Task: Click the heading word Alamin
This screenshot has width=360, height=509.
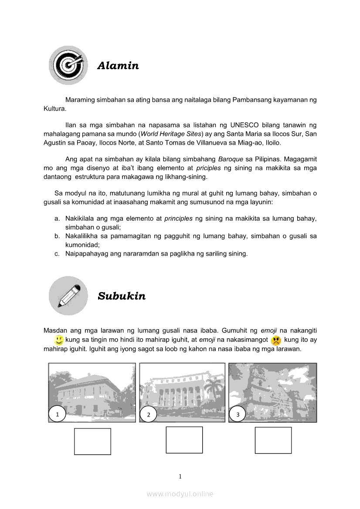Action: (x=118, y=66)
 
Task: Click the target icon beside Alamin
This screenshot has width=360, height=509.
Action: (x=68, y=65)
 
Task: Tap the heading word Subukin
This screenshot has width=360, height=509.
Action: (x=122, y=296)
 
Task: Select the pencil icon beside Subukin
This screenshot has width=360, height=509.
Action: (x=68, y=296)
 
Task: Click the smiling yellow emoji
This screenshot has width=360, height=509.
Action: (x=59, y=340)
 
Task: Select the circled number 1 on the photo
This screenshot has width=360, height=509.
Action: (x=57, y=415)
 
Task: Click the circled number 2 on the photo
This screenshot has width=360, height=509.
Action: (x=149, y=415)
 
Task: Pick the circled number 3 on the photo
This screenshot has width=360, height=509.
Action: (x=238, y=415)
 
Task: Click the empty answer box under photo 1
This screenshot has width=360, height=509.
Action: (x=92, y=442)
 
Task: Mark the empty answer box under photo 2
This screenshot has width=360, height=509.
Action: (x=184, y=440)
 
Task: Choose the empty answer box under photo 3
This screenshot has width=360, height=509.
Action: (x=273, y=440)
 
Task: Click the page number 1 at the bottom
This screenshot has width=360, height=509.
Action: (x=180, y=476)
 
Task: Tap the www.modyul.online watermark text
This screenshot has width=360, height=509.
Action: (x=180, y=494)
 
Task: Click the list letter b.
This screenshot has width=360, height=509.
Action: (x=57, y=236)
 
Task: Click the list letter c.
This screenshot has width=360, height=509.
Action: (x=57, y=253)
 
